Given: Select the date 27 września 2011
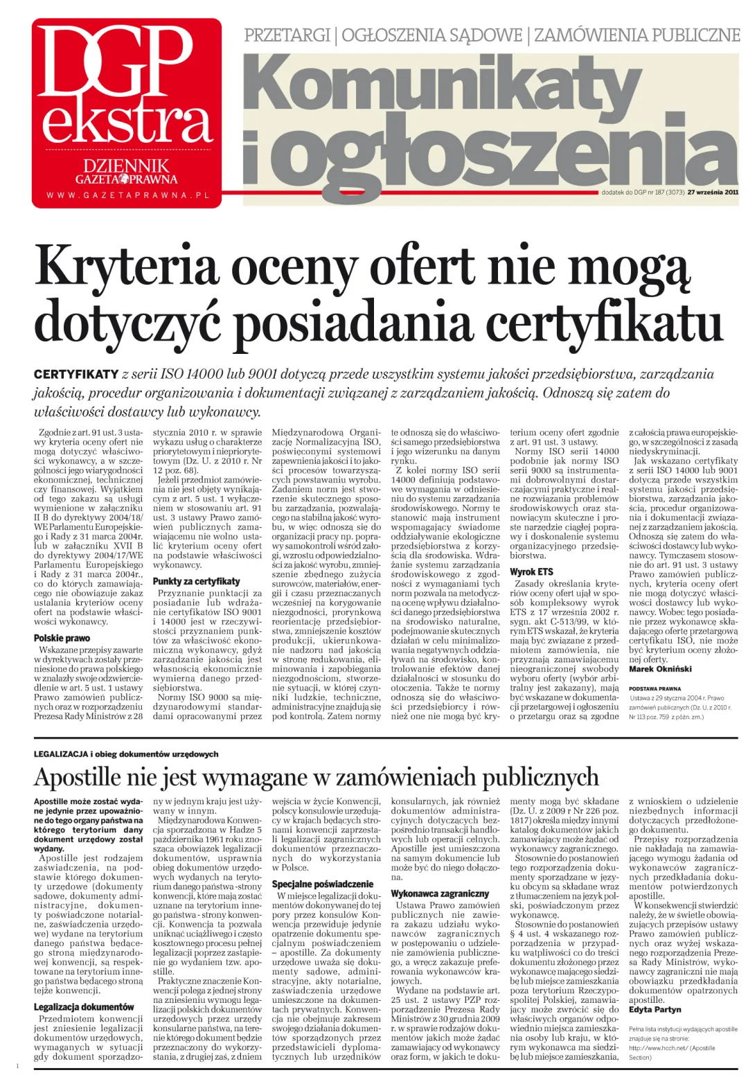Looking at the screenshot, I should tap(713, 193).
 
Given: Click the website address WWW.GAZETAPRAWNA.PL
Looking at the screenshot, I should tap(127, 196).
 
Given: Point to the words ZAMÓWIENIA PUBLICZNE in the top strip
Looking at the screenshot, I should tap(636, 35).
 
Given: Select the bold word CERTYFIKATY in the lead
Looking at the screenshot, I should tap(76, 375).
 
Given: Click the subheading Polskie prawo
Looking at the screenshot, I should tap(62, 638).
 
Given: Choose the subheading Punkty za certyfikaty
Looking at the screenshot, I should tap(197, 581).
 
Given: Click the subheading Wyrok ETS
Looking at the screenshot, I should tap(531, 571).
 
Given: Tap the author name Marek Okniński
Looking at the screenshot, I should tap(660, 669).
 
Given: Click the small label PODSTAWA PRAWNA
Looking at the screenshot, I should tap(654, 689).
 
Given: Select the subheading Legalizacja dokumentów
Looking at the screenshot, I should tap(84, 1006).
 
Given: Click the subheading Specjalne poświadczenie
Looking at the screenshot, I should tap(323, 884).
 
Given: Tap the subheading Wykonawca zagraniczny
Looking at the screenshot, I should tap(440, 893).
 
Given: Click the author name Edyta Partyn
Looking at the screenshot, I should tap(655, 1010).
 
